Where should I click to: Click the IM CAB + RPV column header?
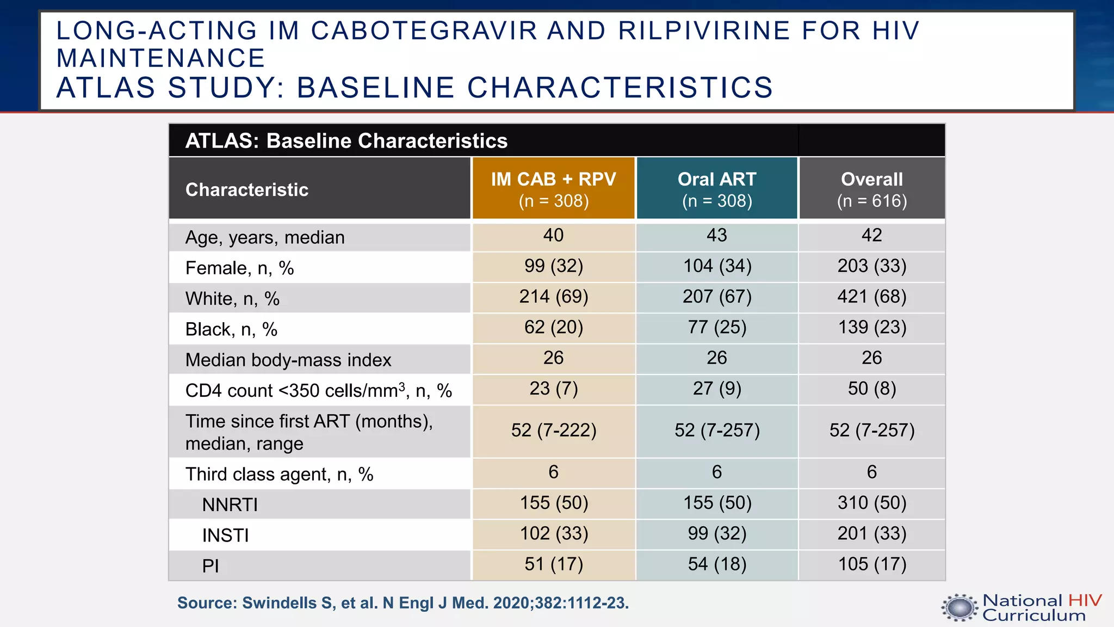point(553,189)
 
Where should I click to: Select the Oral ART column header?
point(717,189)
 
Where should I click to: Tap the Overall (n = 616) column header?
point(871,189)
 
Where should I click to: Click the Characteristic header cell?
point(247,189)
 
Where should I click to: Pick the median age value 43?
point(717,235)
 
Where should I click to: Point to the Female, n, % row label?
point(239,268)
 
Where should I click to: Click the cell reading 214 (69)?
point(553,297)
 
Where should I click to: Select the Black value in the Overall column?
point(871,327)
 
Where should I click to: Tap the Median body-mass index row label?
point(288,360)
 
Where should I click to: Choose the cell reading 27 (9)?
point(717,389)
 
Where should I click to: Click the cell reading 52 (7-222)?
point(553,431)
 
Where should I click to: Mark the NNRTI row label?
point(230,505)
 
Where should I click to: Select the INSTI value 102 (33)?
point(553,533)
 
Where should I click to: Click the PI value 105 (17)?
point(871,564)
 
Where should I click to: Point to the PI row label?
point(211,566)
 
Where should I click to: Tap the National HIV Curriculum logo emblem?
point(960,608)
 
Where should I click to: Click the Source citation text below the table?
point(403,603)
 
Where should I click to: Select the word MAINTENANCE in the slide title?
point(160,58)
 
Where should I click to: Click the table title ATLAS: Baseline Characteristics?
point(346,141)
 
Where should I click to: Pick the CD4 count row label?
point(318,390)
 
